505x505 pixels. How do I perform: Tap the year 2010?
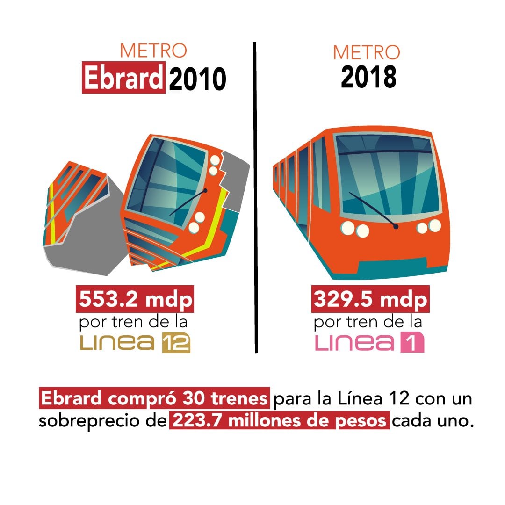[x=198, y=79]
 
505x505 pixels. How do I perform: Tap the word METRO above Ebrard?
[x=153, y=50]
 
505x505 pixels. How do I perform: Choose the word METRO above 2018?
[x=367, y=52]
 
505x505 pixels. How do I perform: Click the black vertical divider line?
[x=256, y=196]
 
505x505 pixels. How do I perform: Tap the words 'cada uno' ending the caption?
[x=430, y=421]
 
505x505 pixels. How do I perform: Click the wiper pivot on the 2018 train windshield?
[x=396, y=227]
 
